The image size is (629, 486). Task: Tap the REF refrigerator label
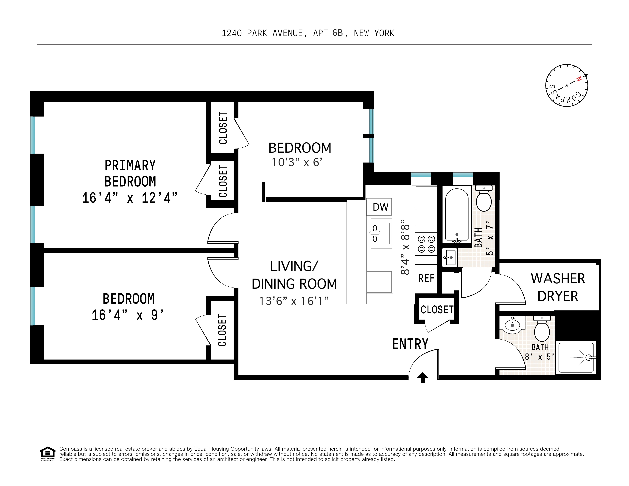pyautogui.click(x=426, y=278)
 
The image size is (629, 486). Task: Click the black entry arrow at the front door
pyautogui.click(x=422, y=378)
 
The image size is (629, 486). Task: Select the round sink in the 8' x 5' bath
pyautogui.click(x=512, y=325)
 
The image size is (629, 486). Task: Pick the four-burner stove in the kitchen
pyautogui.click(x=426, y=244)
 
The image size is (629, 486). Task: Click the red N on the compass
pyautogui.click(x=579, y=79)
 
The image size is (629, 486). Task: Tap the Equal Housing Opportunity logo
pyautogui.click(x=48, y=453)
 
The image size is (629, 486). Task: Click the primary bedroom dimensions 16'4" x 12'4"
pyautogui.click(x=130, y=198)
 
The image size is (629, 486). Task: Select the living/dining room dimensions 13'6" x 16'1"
pyautogui.click(x=294, y=301)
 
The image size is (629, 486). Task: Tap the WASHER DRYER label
pyautogui.click(x=558, y=287)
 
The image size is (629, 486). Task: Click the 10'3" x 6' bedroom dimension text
pyautogui.click(x=297, y=162)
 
